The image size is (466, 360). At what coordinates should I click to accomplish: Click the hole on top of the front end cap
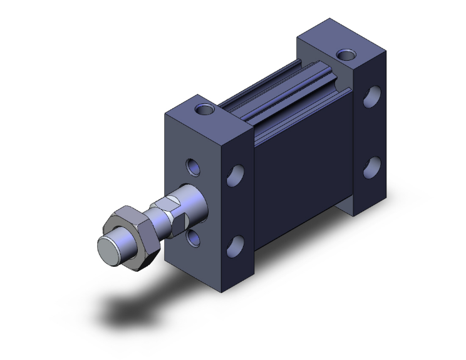click(204, 110)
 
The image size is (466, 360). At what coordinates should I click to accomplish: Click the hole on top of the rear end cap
click(344, 54)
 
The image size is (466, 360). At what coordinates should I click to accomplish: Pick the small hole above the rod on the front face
click(193, 168)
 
